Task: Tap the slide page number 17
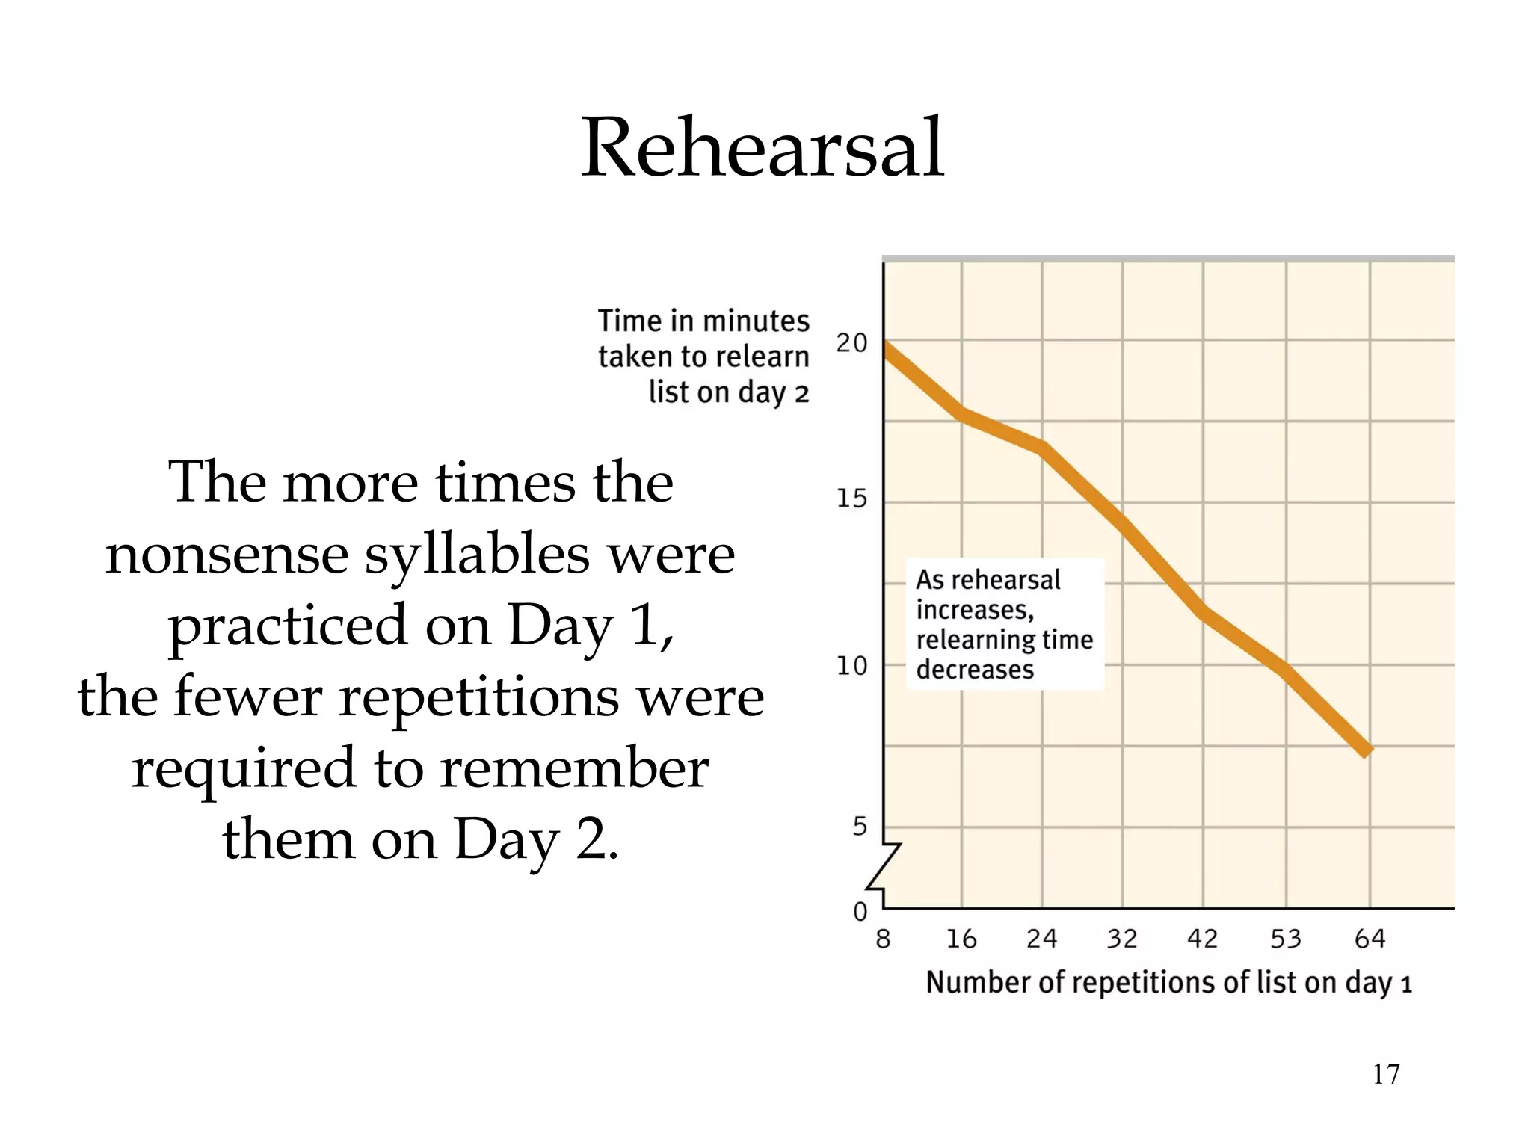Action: [x=1386, y=1074]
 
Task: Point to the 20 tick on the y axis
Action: [x=851, y=343]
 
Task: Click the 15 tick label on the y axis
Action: [x=851, y=499]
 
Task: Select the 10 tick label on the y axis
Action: [x=851, y=665]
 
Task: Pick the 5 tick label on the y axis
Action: [x=860, y=827]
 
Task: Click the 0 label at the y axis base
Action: [x=860, y=912]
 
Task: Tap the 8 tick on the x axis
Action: [x=883, y=939]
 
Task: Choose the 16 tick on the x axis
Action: [x=961, y=939]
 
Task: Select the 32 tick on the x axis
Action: [x=1121, y=939]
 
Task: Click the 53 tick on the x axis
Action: [x=1286, y=939]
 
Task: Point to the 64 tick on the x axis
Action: [x=1370, y=939]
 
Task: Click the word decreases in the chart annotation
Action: [x=974, y=670]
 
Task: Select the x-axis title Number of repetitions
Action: [x=1168, y=983]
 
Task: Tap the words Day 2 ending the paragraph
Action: [x=535, y=839]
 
